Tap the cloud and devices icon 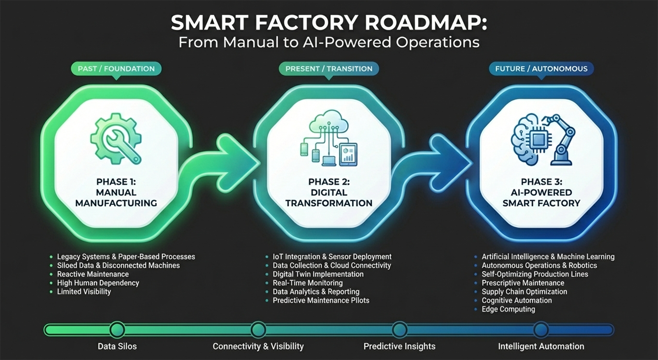coord(329,138)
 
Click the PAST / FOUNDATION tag coord(116,69)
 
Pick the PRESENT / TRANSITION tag coord(329,69)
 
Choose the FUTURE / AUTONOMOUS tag coord(541,69)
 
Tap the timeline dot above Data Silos coord(117,330)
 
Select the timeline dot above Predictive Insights coord(399,330)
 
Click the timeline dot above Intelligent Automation coord(541,330)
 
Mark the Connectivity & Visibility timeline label coord(258,346)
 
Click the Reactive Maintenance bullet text coord(93,274)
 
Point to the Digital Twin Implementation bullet coord(318,274)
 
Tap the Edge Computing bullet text coord(508,309)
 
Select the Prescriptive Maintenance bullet coord(523,283)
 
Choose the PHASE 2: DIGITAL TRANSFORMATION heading coord(329,193)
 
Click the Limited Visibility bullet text coord(84,291)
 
